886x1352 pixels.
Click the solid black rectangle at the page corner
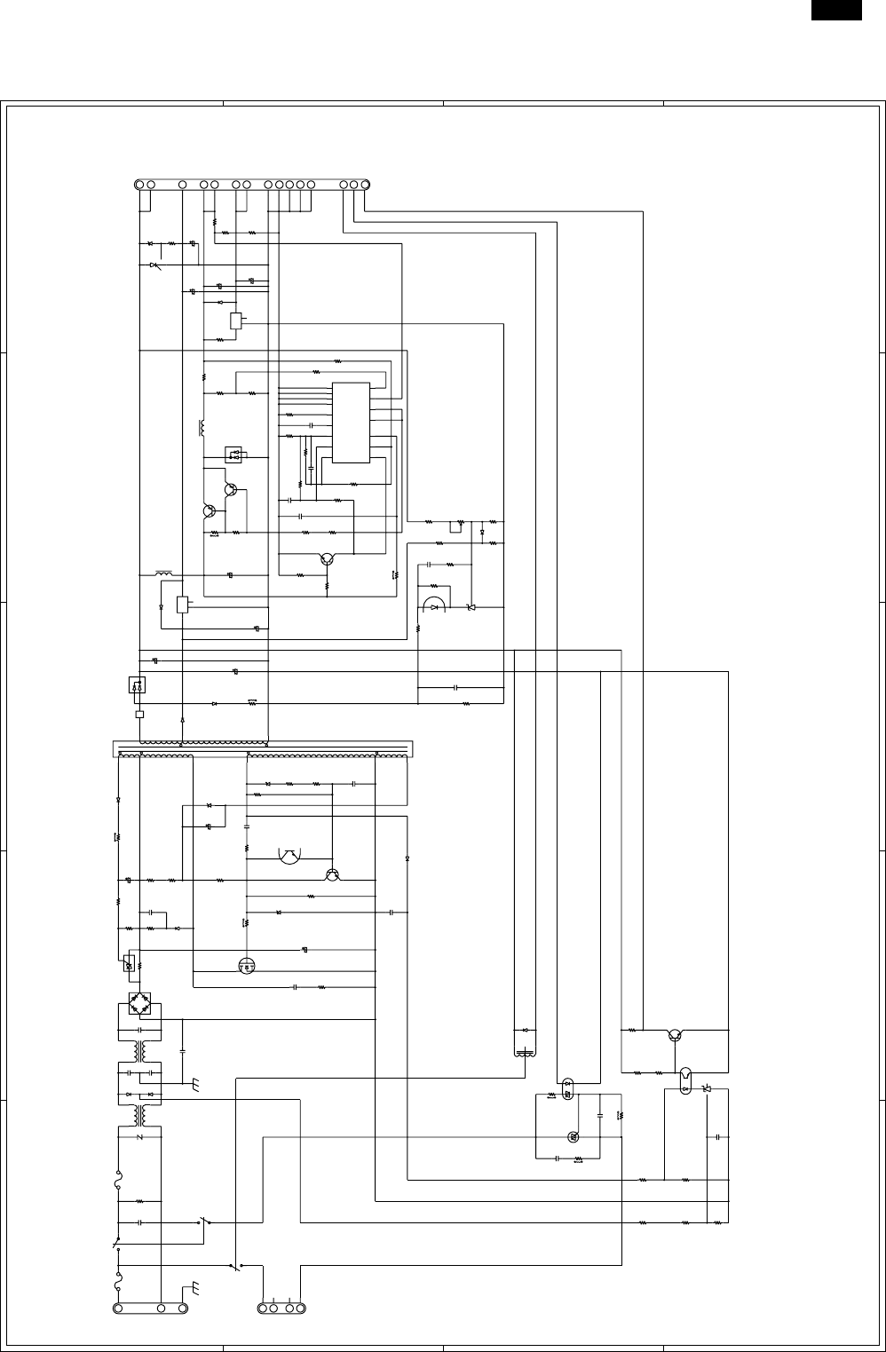pyautogui.click(x=835, y=9)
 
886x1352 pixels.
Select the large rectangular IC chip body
pyautogui.click(x=351, y=423)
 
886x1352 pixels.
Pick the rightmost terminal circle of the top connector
pyautogui.click(x=364, y=185)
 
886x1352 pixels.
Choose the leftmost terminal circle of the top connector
pyautogui.click(x=140, y=185)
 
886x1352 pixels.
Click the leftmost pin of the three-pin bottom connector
pyautogui.click(x=119, y=1308)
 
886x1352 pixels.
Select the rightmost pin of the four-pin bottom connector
pyautogui.click(x=301, y=1308)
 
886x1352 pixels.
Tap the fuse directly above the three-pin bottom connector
pyautogui.click(x=118, y=1282)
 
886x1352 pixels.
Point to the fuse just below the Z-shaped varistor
pyautogui.click(x=118, y=1178)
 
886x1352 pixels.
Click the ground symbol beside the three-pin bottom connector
pyautogui.click(x=194, y=1289)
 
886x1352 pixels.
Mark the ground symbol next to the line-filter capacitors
pyautogui.click(x=195, y=1084)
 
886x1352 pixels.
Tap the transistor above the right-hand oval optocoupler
pyautogui.click(x=676, y=1033)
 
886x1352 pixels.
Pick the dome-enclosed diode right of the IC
pyautogui.click(x=434, y=605)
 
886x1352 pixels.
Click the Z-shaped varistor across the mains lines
pyautogui.click(x=140, y=1137)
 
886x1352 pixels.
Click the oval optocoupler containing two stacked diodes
pyautogui.click(x=568, y=1088)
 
